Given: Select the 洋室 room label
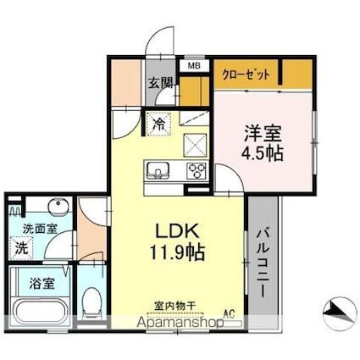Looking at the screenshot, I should (x=262, y=133).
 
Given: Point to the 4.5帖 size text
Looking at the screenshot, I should (x=262, y=153).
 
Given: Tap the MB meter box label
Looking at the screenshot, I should (x=193, y=65).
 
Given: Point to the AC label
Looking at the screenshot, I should (x=228, y=314).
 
